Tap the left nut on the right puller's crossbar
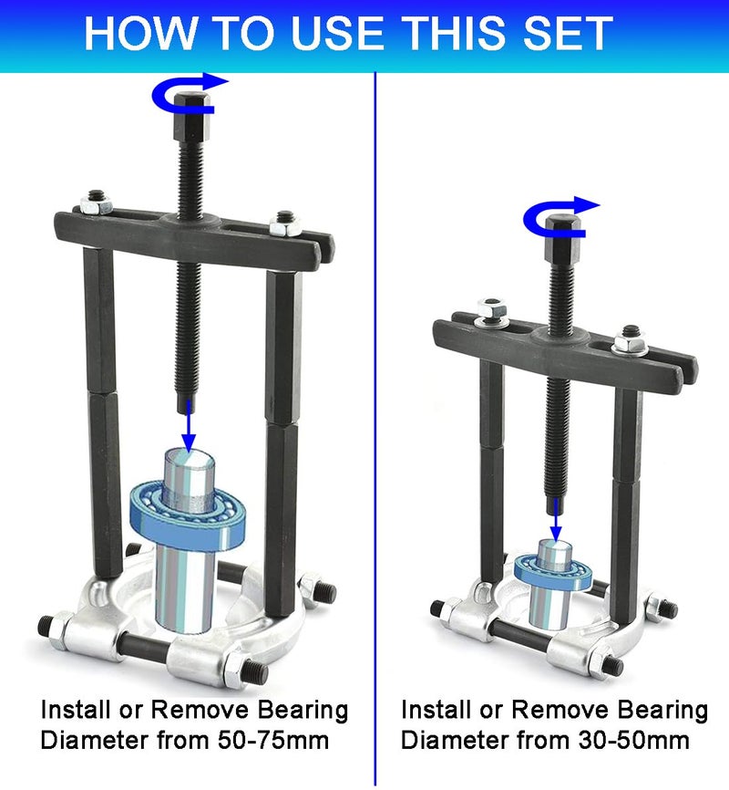pos(488,313)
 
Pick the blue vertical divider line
pos(376,456)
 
